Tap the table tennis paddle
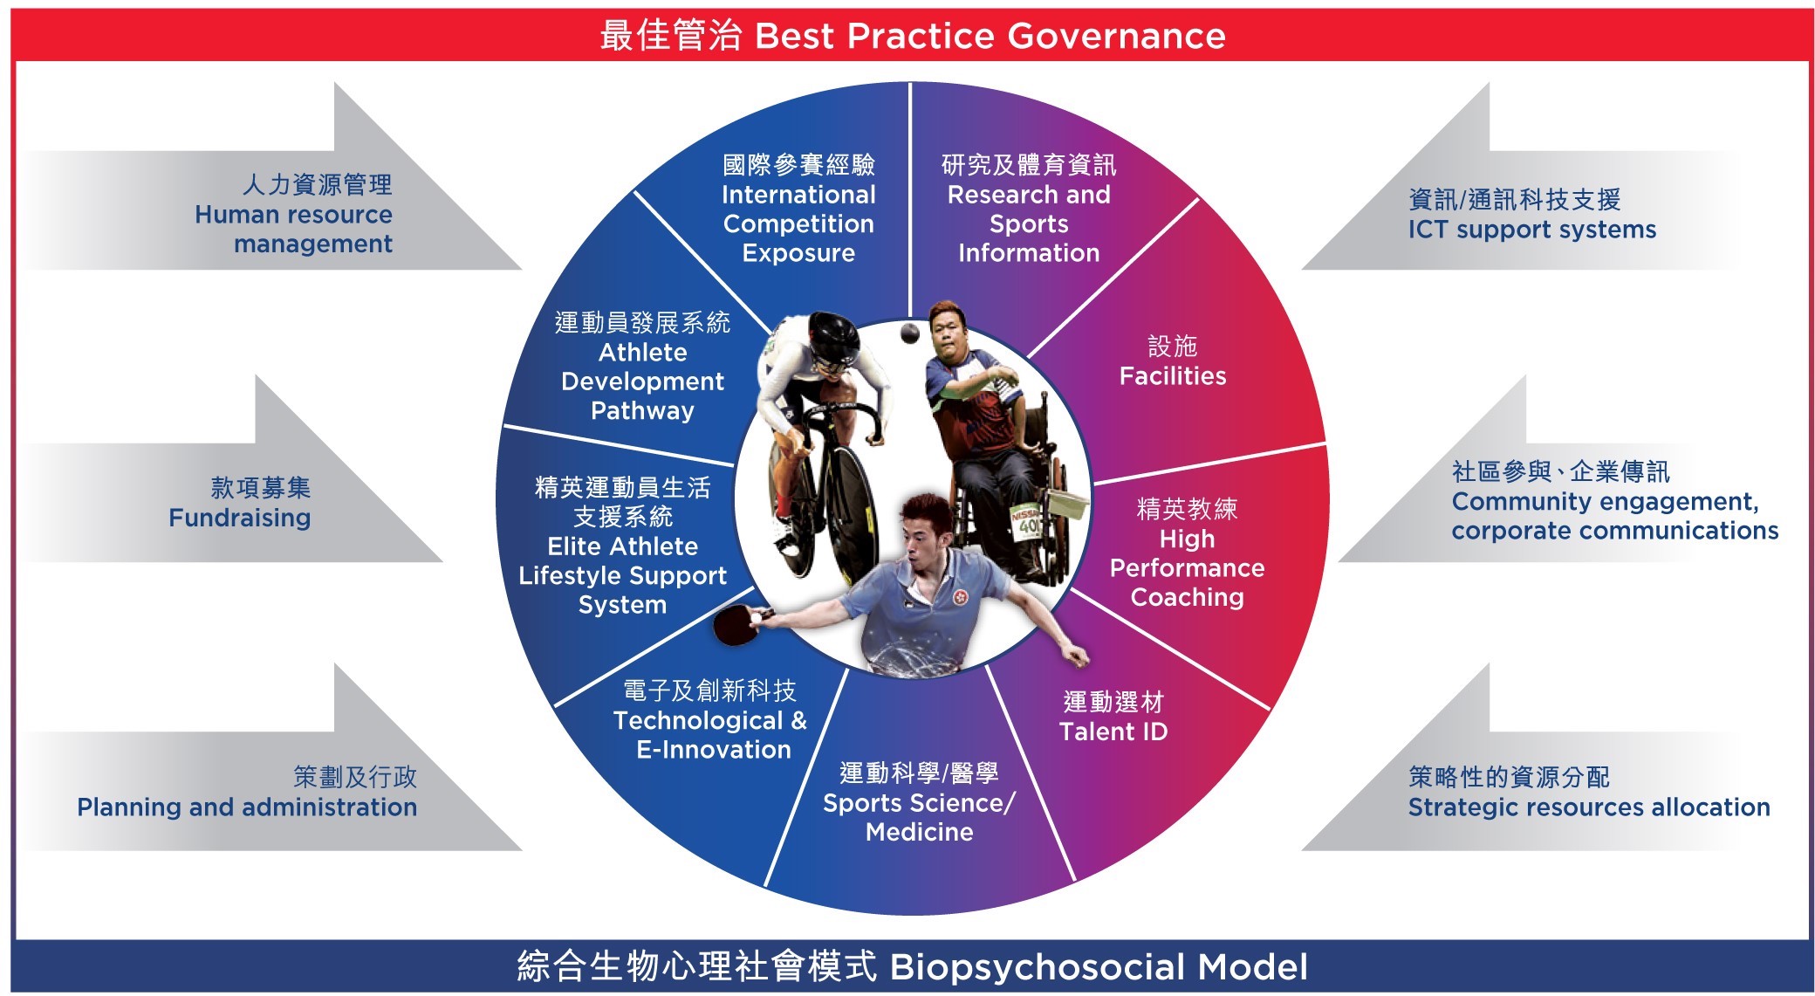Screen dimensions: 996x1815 733,623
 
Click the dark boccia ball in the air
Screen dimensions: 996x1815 910,333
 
